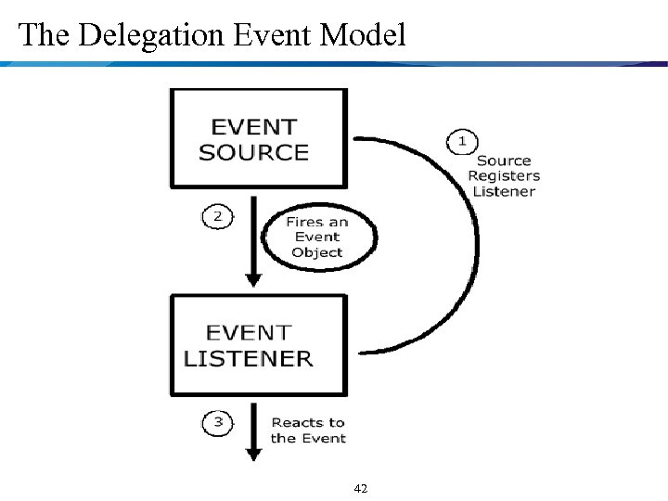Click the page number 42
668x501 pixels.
pyautogui.click(x=362, y=487)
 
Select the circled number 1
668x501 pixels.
pyautogui.click(x=461, y=142)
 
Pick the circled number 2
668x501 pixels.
pyautogui.click(x=216, y=216)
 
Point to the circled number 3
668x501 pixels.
pyautogui.click(x=216, y=423)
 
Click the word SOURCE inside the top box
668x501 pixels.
pyautogui.click(x=253, y=153)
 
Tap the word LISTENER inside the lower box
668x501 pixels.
pyautogui.click(x=249, y=359)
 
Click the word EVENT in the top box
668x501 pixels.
pyautogui.click(x=254, y=127)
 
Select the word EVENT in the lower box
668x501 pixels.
pyautogui.click(x=249, y=332)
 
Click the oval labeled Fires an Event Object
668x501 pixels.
pyautogui.click(x=316, y=238)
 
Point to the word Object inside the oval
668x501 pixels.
pyautogui.click(x=316, y=252)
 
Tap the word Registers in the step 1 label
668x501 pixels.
pyautogui.click(x=504, y=175)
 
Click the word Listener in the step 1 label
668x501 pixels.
pyautogui.click(x=504, y=191)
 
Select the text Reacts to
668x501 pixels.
pyautogui.click(x=308, y=423)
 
